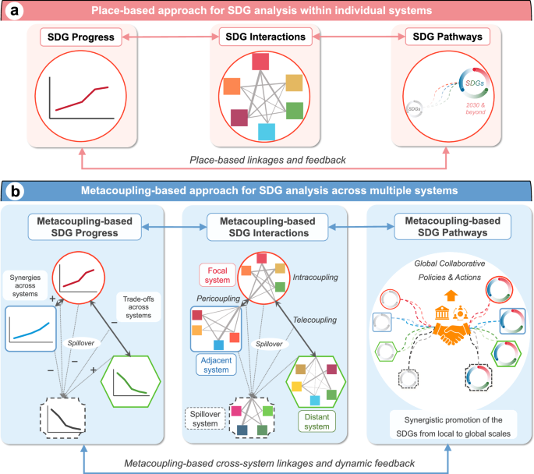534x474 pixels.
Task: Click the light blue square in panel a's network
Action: click(267, 132)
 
